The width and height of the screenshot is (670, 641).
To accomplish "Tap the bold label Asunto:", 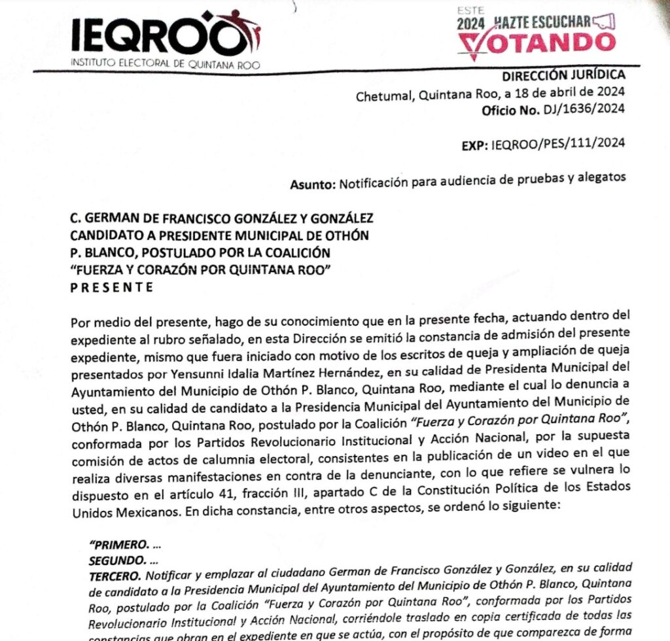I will click(x=313, y=184).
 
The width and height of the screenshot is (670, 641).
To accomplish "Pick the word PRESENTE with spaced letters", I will click(x=111, y=286).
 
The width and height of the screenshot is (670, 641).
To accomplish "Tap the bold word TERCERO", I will click(x=115, y=576).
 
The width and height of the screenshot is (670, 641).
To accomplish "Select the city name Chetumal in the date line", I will click(x=383, y=95).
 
